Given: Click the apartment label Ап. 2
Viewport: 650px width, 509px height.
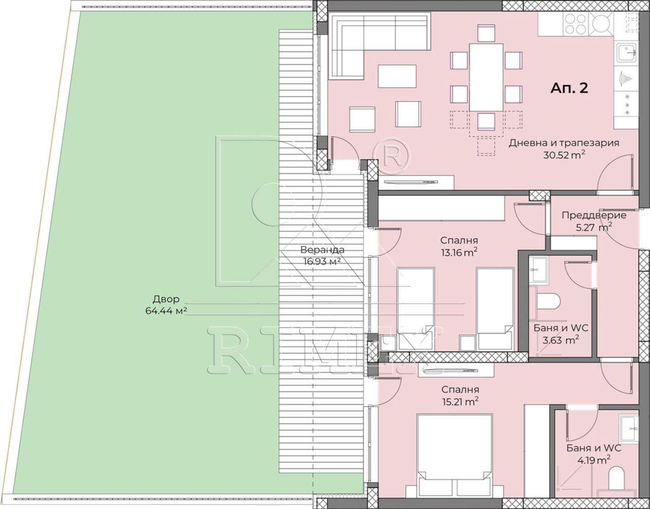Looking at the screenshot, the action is click(x=569, y=88).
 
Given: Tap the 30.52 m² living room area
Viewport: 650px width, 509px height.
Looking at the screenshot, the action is click(x=564, y=156).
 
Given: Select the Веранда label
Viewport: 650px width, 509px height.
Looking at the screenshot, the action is click(x=322, y=250).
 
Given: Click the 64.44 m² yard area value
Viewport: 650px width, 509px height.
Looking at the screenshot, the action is click(x=166, y=311).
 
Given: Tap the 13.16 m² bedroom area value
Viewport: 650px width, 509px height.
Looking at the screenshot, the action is click(x=459, y=252).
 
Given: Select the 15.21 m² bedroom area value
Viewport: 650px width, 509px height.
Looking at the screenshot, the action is click(x=460, y=401).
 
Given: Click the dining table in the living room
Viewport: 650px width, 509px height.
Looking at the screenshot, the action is click(x=486, y=78).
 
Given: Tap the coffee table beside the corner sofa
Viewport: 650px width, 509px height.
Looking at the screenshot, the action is click(x=397, y=76).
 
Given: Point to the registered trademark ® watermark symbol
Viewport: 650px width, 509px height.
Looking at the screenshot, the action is click(x=392, y=156).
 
